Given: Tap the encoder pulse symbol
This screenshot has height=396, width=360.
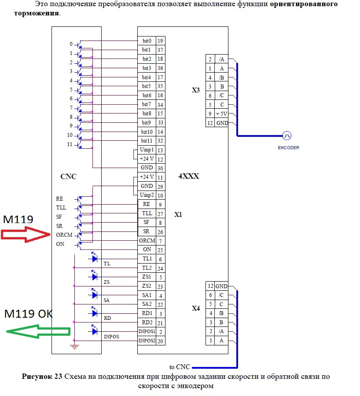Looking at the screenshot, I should pyautogui.click(x=287, y=136).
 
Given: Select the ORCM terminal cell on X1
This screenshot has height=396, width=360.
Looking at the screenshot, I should pyautogui.click(x=147, y=241).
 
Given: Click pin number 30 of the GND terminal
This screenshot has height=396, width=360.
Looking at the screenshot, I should pyautogui.click(x=160, y=168).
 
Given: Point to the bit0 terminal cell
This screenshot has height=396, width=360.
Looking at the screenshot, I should pyautogui.click(x=147, y=40).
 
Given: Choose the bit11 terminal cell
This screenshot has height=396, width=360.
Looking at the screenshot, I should pyautogui.click(x=147, y=141).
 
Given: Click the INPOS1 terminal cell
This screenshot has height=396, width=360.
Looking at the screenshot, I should pyautogui.click(x=147, y=331).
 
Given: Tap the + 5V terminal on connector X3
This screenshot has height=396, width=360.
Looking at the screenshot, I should pyautogui.click(x=222, y=114).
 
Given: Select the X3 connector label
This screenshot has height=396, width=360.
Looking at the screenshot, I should pyautogui.click(x=196, y=90).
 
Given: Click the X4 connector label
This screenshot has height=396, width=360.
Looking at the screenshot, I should pyautogui.click(x=196, y=308).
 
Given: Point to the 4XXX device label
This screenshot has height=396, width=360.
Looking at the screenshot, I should pyautogui.click(x=188, y=176).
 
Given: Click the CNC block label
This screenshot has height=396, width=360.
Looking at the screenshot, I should pyautogui.click(x=68, y=177).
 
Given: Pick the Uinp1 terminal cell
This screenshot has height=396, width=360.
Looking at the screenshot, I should pyautogui.click(x=147, y=150).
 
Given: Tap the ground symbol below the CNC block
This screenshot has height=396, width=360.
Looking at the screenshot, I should pyautogui.click(x=74, y=347).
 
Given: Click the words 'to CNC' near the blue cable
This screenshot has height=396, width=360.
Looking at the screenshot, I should pyautogui.click(x=179, y=367).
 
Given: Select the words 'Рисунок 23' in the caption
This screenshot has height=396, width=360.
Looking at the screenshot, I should pyautogui.click(x=42, y=377).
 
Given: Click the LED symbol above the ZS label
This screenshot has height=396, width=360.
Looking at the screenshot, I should pyautogui.click(x=94, y=277).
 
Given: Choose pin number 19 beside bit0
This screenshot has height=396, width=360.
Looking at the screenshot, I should pyautogui.click(x=160, y=40).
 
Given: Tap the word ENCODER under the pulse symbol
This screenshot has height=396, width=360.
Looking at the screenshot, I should pyautogui.click(x=288, y=148).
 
